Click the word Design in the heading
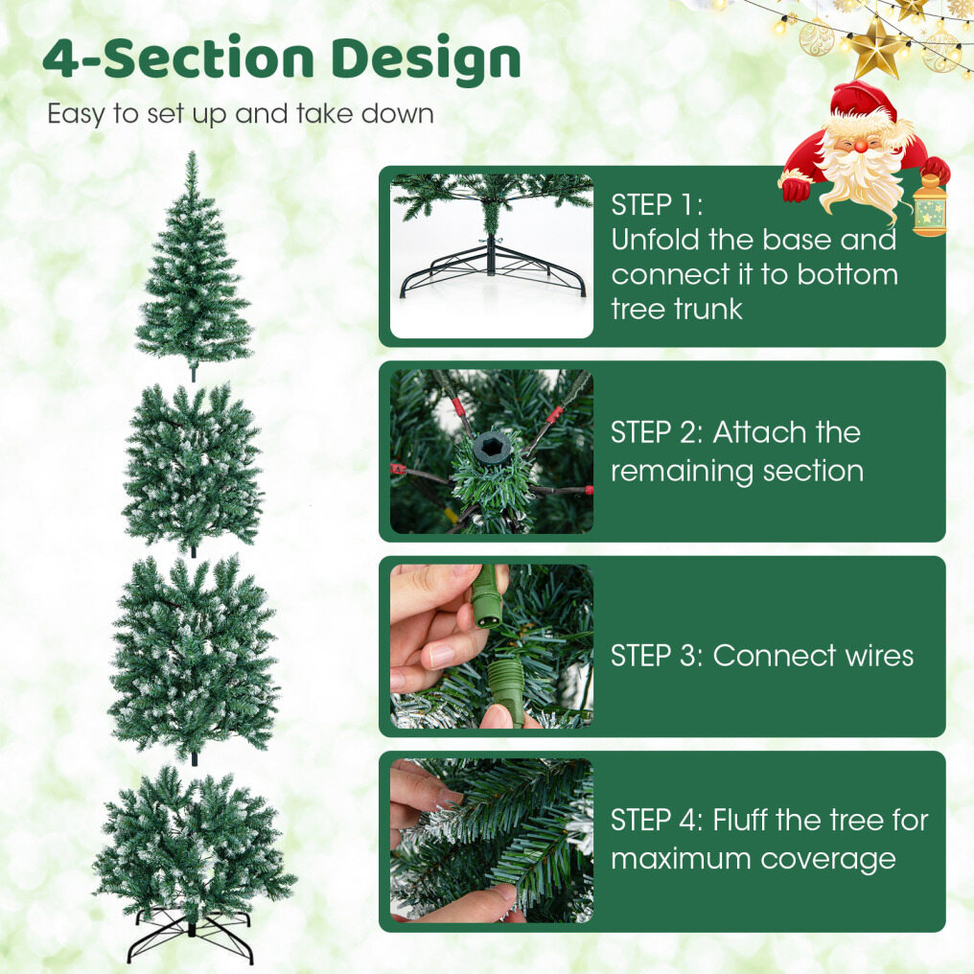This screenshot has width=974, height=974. pyautogui.click(x=426, y=60)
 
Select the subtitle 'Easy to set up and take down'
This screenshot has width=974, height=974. pyautogui.click(x=241, y=114)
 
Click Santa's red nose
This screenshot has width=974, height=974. pyautogui.click(x=860, y=146)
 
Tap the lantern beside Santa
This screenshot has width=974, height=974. pyautogui.click(x=930, y=205)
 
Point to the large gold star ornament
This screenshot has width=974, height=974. pyautogui.click(x=877, y=47)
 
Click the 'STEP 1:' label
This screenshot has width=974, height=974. pyautogui.click(x=657, y=205)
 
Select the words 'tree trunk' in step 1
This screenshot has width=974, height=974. pyautogui.click(x=677, y=309)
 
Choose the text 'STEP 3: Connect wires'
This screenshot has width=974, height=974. pyautogui.click(x=761, y=656)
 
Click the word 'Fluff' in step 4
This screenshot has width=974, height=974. pyautogui.click(x=740, y=820)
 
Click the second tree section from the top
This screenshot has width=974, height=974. pyautogui.click(x=193, y=470)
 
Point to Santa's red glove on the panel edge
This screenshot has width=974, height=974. pyautogui.click(x=796, y=189)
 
